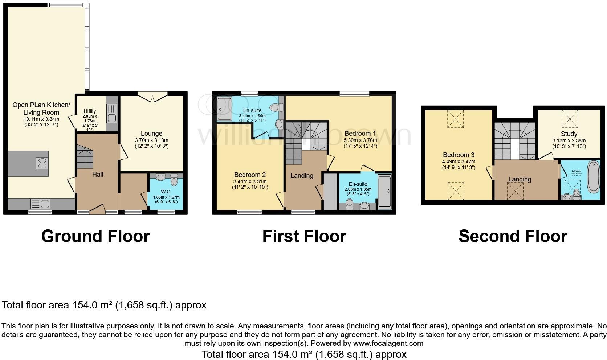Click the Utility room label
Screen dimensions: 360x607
(90, 111)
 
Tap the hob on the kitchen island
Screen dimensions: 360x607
(42, 163)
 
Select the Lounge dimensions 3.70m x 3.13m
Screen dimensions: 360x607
(151, 140)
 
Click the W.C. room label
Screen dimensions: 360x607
(166, 191)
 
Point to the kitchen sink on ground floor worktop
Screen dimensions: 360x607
(40, 203)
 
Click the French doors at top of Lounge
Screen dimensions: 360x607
(152, 97)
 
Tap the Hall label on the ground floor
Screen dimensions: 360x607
(97, 175)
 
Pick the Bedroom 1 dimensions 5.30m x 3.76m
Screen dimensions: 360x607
(360, 140)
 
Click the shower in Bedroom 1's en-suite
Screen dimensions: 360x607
(384, 192)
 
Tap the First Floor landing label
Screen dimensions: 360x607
(302, 176)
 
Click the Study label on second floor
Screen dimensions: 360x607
(569, 134)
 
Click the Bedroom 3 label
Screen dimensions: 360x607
(459, 155)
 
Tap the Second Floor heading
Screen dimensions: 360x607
(513, 236)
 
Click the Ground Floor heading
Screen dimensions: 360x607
(95, 236)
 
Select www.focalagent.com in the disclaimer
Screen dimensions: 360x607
(388, 343)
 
